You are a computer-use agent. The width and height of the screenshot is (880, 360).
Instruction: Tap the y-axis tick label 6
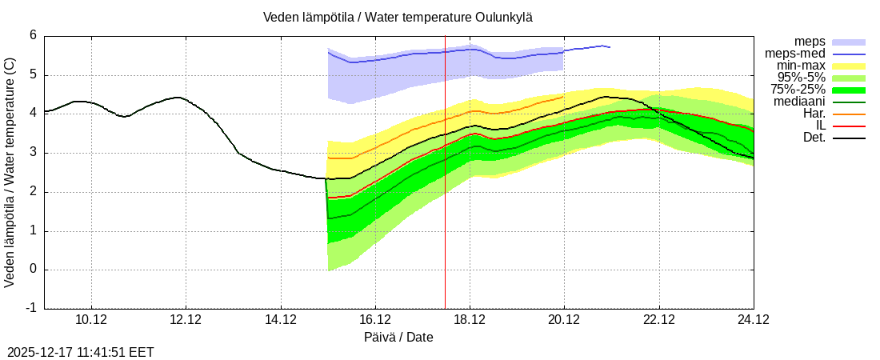coord(33,35)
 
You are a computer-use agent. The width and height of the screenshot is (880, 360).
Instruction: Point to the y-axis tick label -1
coord(30,308)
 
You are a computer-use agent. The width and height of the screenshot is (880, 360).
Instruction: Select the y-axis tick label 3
coord(33,152)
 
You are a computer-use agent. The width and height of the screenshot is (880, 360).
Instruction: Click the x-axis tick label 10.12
coord(91,320)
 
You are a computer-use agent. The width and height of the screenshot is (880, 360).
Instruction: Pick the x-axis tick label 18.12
coord(470,320)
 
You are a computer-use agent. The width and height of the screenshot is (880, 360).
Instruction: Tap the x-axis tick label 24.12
coord(753,320)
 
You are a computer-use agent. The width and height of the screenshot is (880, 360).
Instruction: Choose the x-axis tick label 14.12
coord(280,320)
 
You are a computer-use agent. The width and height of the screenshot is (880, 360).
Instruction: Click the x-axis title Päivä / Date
coord(398,337)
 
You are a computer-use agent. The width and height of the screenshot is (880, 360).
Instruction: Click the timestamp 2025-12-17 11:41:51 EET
coord(80,352)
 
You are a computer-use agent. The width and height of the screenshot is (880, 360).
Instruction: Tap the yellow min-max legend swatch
coord(849,66)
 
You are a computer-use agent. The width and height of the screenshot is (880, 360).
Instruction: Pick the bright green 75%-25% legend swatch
coord(849,90)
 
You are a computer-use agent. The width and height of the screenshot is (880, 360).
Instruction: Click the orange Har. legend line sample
coord(849,114)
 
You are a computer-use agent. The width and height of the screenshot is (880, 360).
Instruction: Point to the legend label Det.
coord(814,138)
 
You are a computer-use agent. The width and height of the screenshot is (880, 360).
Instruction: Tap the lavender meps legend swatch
coord(849,42)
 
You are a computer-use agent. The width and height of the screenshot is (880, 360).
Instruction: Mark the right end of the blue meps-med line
coord(610,47)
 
